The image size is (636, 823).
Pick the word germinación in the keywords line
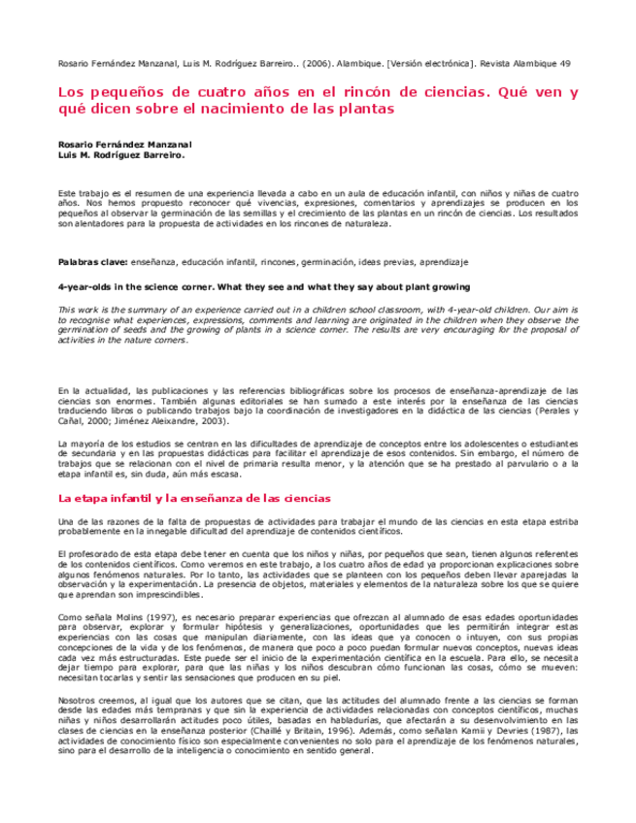pyautogui.click(x=331, y=262)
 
